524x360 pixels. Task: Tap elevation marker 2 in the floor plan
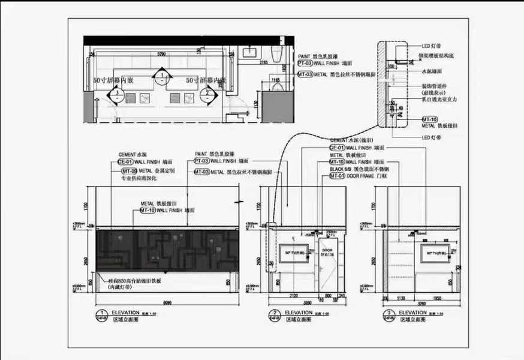click(207, 94)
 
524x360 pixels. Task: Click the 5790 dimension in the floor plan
click(161, 55)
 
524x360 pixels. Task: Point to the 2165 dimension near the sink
click(263, 62)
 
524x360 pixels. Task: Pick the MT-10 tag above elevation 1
click(148, 211)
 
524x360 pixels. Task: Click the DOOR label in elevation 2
click(327, 250)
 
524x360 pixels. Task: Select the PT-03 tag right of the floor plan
click(305, 62)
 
